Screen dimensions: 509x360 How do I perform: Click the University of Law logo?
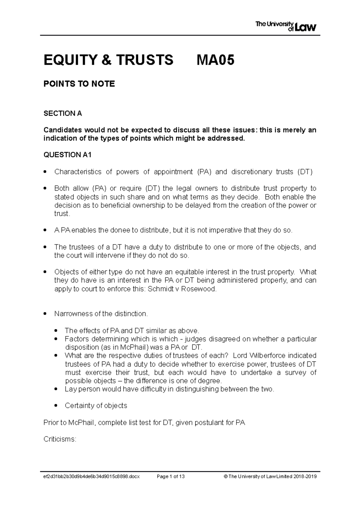click(286, 26)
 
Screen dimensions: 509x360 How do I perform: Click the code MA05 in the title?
click(215, 60)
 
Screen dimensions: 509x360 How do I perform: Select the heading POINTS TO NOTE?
click(79, 84)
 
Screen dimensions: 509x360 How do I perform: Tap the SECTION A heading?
click(63, 114)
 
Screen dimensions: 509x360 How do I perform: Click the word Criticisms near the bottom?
click(60, 439)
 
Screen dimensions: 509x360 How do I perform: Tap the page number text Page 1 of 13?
click(171, 477)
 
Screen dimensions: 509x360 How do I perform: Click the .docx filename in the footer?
click(91, 477)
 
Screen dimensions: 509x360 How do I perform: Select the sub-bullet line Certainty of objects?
click(96, 406)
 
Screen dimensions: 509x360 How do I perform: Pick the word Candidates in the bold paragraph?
click(62, 130)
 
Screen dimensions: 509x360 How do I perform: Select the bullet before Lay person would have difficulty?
click(56, 389)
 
